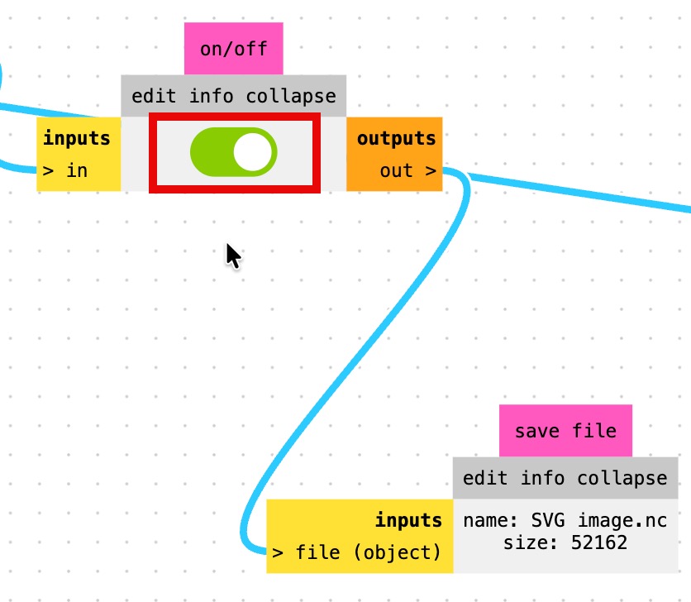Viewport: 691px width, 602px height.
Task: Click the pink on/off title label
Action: [234, 48]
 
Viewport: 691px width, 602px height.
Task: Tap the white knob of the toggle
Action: [252, 152]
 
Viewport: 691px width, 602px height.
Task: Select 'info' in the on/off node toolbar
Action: [212, 96]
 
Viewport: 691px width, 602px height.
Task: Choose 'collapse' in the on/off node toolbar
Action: [291, 96]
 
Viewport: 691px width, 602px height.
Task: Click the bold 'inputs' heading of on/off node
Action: [77, 137]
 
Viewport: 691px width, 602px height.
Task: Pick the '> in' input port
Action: [65, 171]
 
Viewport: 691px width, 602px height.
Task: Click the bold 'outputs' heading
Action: [396, 137]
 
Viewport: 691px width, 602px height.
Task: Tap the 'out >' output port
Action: [407, 171]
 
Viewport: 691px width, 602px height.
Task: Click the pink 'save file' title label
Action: [565, 431]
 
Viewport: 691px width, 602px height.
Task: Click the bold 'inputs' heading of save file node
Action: [408, 520]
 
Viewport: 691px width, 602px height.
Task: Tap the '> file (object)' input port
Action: [357, 552]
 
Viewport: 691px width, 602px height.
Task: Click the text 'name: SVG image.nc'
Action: [565, 521]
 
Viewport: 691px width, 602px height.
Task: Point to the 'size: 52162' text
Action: [565, 542]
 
